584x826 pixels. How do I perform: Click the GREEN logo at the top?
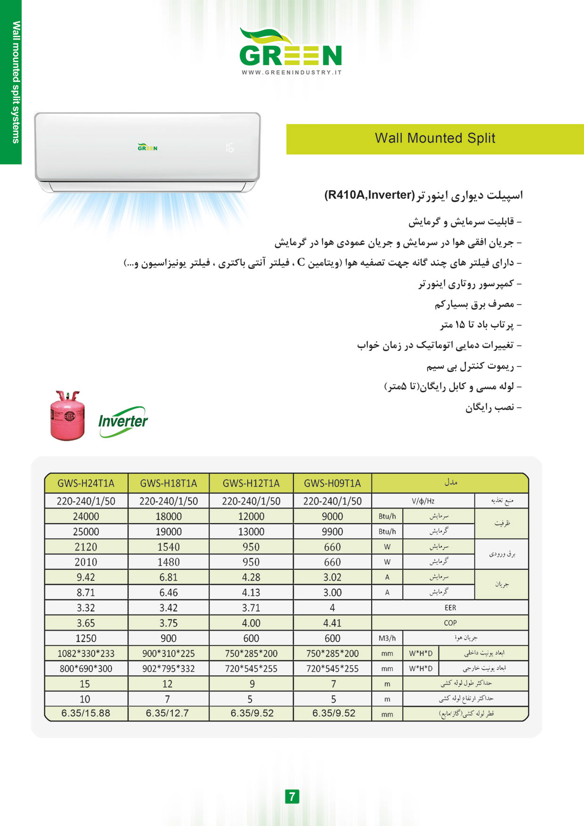click(x=291, y=49)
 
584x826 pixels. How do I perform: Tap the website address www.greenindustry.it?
click(x=291, y=72)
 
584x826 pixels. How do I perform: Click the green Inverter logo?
click(x=123, y=421)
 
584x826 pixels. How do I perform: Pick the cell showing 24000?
click(x=86, y=517)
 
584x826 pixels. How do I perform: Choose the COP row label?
click(x=450, y=623)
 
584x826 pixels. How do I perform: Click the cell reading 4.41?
click(x=332, y=623)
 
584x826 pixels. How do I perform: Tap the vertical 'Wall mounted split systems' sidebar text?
click(x=16, y=82)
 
